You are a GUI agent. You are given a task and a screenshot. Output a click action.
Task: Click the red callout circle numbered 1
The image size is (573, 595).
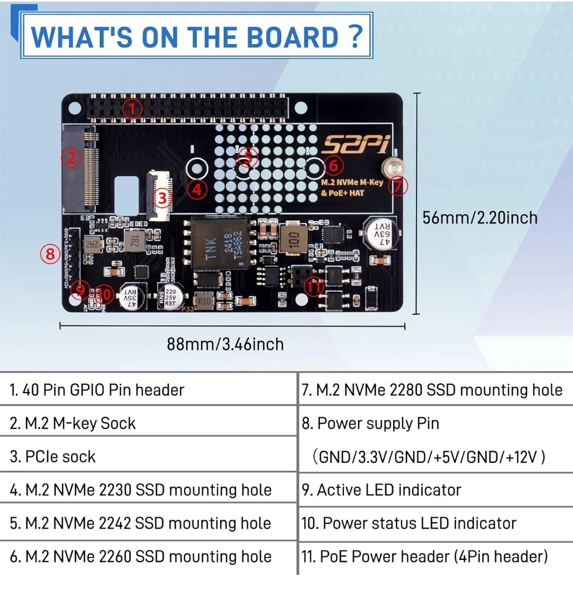pyautogui.click(x=132, y=109)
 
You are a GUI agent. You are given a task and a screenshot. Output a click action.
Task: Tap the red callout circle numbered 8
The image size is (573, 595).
pyautogui.click(x=50, y=254)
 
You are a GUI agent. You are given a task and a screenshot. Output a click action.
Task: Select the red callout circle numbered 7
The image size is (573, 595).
pyautogui.click(x=398, y=186)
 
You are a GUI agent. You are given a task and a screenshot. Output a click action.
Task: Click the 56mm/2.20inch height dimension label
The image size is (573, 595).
pyautogui.click(x=480, y=218)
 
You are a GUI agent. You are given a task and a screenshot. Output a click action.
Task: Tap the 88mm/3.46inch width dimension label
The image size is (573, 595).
pyautogui.click(x=225, y=344)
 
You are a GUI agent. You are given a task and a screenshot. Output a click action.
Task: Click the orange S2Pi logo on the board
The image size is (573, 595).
pyautogui.click(x=356, y=144)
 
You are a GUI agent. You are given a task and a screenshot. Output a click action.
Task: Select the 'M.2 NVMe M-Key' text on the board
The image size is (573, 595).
pyautogui.click(x=352, y=182)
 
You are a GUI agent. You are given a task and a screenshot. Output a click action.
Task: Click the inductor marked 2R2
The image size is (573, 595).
pyautogui.click(x=92, y=244)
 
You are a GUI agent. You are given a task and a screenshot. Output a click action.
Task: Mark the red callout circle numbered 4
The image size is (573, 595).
pyautogui.click(x=197, y=189)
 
